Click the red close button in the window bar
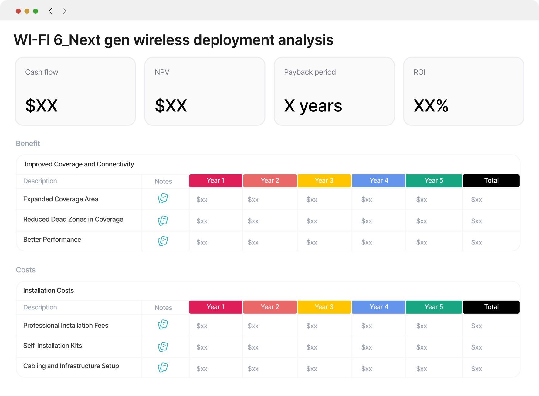pyautogui.click(x=18, y=11)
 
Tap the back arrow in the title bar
pyautogui.click(x=50, y=11)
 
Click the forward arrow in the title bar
pyautogui.click(x=64, y=11)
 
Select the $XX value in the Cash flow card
pyautogui.click(x=42, y=106)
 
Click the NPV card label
pyautogui.click(x=162, y=72)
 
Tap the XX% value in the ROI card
pyautogui.click(x=431, y=106)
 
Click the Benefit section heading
pyautogui.click(x=28, y=143)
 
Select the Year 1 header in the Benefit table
pyautogui.click(x=215, y=181)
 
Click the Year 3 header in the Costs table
pyautogui.click(x=324, y=307)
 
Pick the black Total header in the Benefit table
pyautogui.click(x=491, y=181)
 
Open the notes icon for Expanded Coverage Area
pyautogui.click(x=163, y=198)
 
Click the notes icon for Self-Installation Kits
pyautogui.click(x=163, y=347)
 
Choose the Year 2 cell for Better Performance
pyautogui.click(x=253, y=242)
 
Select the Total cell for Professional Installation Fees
pyautogui.click(x=476, y=326)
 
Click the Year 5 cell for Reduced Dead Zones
pyautogui.click(x=422, y=221)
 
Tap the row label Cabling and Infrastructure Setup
pyautogui.click(x=71, y=366)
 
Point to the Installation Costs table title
pyautogui.click(x=49, y=291)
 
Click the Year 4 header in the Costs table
pyautogui.click(x=379, y=307)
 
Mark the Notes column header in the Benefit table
pyautogui.click(x=163, y=181)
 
